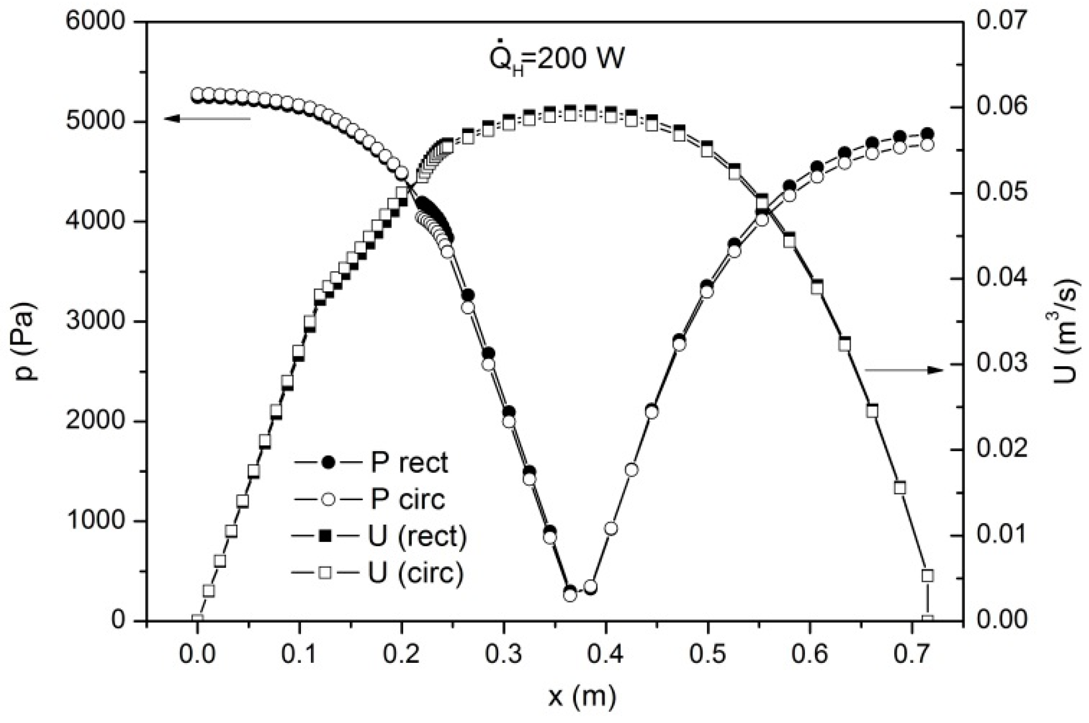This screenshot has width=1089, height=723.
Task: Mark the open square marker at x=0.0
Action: [x=197, y=620]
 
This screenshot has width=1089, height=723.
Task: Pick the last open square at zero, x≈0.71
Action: [x=927, y=620]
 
